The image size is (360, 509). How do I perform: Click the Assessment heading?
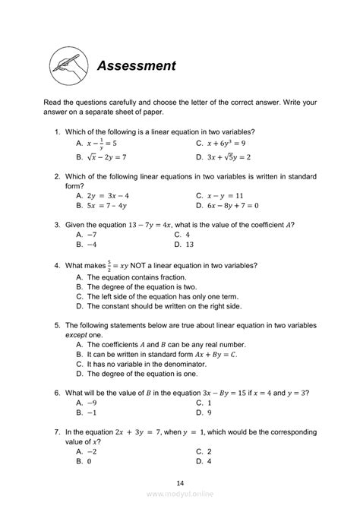click(x=137, y=66)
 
